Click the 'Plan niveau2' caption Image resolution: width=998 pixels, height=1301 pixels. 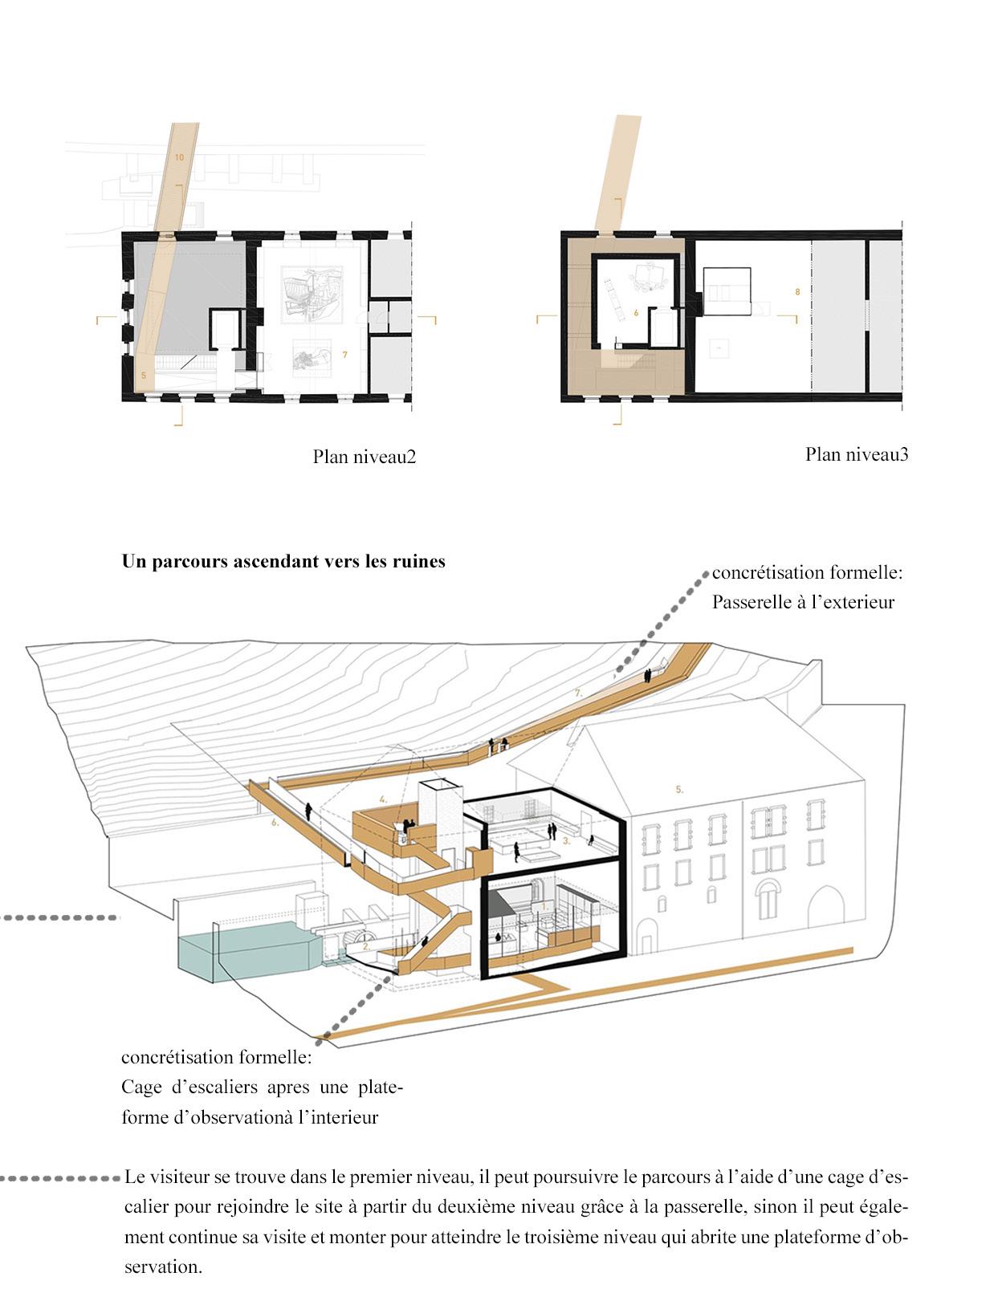tap(365, 457)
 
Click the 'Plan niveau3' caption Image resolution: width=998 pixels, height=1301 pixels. tap(857, 454)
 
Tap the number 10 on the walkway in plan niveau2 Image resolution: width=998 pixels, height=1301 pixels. tap(179, 157)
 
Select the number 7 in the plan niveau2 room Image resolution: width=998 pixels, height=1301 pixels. tap(344, 354)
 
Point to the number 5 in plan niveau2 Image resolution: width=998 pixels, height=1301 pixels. tap(144, 375)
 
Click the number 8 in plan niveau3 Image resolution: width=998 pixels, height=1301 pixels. tap(797, 292)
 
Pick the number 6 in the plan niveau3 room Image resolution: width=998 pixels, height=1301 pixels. tap(635, 313)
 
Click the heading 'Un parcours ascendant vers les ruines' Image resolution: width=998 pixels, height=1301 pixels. tap(283, 562)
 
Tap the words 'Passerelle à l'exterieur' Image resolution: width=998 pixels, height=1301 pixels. tap(803, 602)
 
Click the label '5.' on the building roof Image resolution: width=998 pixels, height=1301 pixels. tap(679, 790)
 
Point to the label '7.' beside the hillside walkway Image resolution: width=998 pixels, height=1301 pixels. tap(578, 691)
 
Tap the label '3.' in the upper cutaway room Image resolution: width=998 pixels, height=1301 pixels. tap(566, 841)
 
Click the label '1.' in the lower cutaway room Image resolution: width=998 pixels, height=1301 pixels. tap(546, 905)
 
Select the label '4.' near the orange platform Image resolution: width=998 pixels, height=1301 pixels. tap(384, 799)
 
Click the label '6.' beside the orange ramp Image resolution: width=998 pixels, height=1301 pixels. tap(275, 823)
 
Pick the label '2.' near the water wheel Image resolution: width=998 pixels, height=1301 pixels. tap(366, 947)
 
